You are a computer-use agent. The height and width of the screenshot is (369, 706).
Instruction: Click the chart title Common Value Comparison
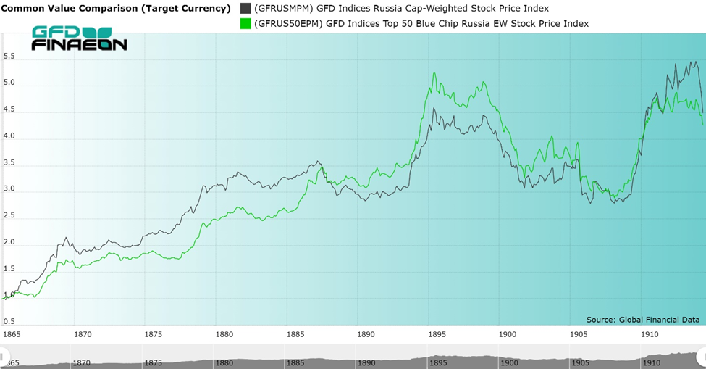coord(117,9)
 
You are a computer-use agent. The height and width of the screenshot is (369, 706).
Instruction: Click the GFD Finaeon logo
coord(79,38)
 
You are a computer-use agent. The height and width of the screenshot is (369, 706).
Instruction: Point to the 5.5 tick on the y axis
coord(9,57)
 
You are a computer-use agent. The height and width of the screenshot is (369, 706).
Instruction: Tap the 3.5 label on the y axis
coord(9,163)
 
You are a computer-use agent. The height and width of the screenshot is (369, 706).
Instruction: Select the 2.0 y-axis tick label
coord(9,242)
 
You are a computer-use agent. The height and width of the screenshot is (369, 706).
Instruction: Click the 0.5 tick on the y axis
coord(9,321)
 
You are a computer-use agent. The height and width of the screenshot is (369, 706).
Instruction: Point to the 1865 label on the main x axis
coord(12,334)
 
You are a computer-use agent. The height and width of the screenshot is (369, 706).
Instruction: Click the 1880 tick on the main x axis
coord(224,334)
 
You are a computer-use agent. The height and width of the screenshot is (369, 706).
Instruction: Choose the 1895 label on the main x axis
coord(437,334)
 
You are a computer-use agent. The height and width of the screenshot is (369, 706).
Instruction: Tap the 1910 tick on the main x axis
coord(650,334)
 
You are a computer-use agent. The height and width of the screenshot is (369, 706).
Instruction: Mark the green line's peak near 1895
coord(433,73)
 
